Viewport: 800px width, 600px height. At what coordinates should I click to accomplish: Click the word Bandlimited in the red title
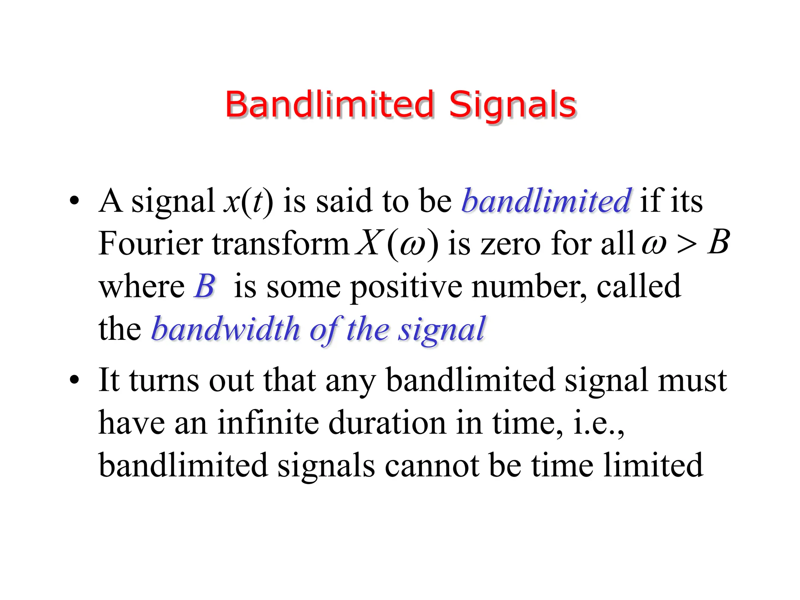(329, 104)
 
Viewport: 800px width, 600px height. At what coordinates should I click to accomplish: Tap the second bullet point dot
(74, 380)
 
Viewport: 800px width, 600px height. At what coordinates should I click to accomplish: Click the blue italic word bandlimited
(546, 201)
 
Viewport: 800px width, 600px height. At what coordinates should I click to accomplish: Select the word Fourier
(150, 243)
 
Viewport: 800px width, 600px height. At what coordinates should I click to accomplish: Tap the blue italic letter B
(205, 286)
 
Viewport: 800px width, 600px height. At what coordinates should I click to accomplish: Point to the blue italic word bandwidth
(225, 329)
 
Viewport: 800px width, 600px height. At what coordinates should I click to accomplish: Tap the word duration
(387, 423)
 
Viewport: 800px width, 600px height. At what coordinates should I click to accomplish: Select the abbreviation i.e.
(598, 423)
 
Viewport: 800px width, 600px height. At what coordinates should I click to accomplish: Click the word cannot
(432, 466)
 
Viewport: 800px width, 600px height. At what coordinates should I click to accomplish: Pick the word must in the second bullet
(692, 380)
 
